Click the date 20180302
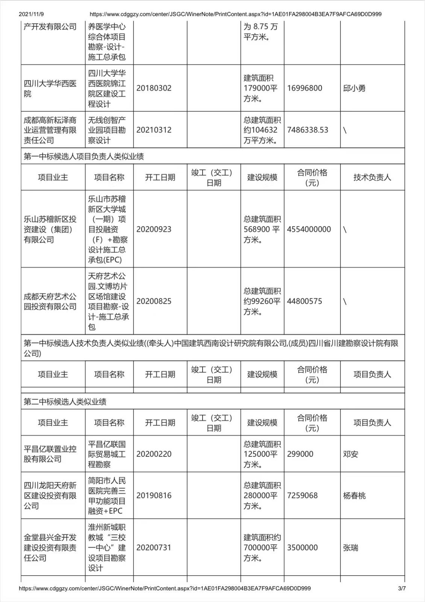click(154, 88)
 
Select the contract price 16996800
click(304, 88)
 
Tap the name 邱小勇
click(354, 88)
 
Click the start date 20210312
click(154, 130)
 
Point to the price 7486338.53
click(307, 130)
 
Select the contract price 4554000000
click(309, 229)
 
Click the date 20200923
click(154, 229)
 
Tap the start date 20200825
click(154, 301)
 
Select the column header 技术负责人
click(372, 178)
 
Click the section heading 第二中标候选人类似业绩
click(65, 402)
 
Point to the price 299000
click(300, 454)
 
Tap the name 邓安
click(351, 454)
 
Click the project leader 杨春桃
click(354, 496)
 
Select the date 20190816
click(154, 496)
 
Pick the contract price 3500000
click(302, 548)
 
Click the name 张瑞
click(351, 548)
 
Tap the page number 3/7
click(402, 588)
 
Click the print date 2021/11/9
click(31, 14)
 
